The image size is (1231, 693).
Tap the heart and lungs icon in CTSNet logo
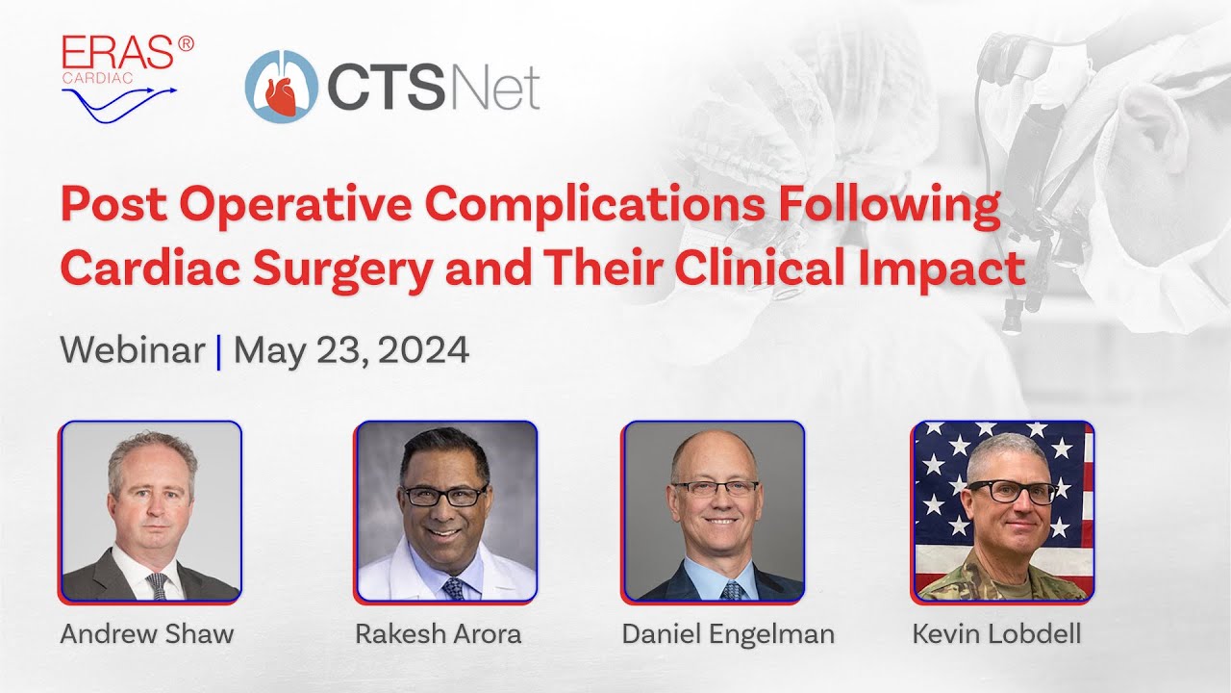pos(281,88)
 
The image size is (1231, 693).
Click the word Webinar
pos(133,350)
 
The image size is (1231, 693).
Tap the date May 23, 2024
pos(351,350)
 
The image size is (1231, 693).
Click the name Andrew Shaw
pos(147,634)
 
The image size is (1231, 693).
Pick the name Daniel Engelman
pos(728,634)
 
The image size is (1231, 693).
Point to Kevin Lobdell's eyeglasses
pos(1012,492)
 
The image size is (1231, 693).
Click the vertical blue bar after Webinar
pos(219,351)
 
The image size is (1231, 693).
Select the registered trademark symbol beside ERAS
pos(186,44)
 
